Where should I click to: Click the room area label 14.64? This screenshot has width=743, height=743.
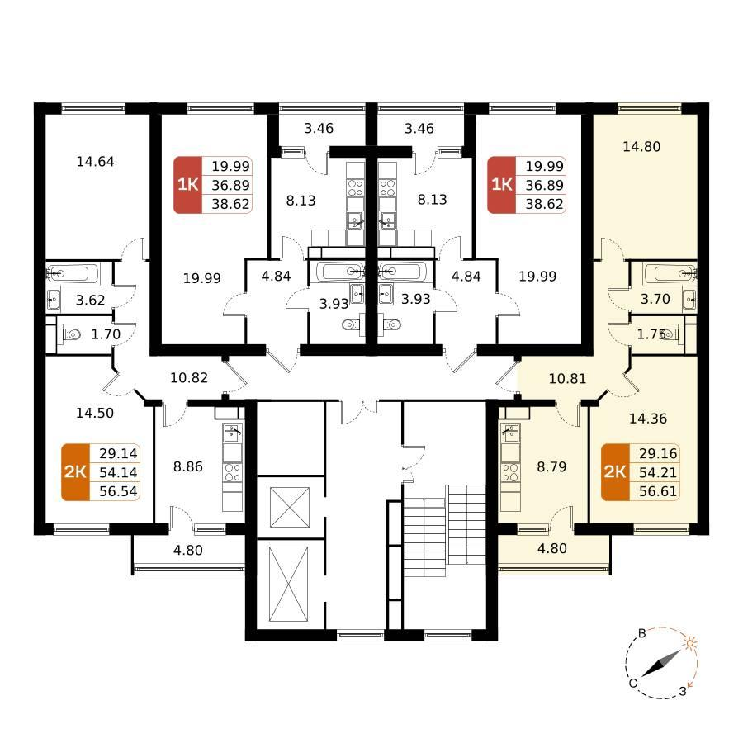95,162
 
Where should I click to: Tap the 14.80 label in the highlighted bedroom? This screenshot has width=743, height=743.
641,146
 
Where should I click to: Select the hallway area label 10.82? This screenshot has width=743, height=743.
189,377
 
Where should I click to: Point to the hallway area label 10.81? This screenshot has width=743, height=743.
567,379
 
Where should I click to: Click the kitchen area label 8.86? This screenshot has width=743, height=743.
188,466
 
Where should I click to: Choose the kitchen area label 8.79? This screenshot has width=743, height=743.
551,466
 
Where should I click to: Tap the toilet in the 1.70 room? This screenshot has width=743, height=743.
71,334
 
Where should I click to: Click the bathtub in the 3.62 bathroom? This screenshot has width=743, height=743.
73,273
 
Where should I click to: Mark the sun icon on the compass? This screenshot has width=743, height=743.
690,643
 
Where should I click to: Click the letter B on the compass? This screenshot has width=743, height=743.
642,633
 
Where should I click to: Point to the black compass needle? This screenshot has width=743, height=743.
661,664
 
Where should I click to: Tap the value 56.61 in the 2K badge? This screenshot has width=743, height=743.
658,491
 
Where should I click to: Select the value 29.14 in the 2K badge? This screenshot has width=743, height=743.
118,453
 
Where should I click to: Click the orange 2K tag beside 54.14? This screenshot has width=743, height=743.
75,472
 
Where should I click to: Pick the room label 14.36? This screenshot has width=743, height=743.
648,419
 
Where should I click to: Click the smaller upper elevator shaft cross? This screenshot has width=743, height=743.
290,507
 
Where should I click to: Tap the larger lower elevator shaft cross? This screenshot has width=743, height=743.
288,584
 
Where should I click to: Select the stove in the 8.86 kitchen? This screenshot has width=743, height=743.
232,472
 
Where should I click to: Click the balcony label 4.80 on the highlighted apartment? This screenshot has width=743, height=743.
552,548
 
